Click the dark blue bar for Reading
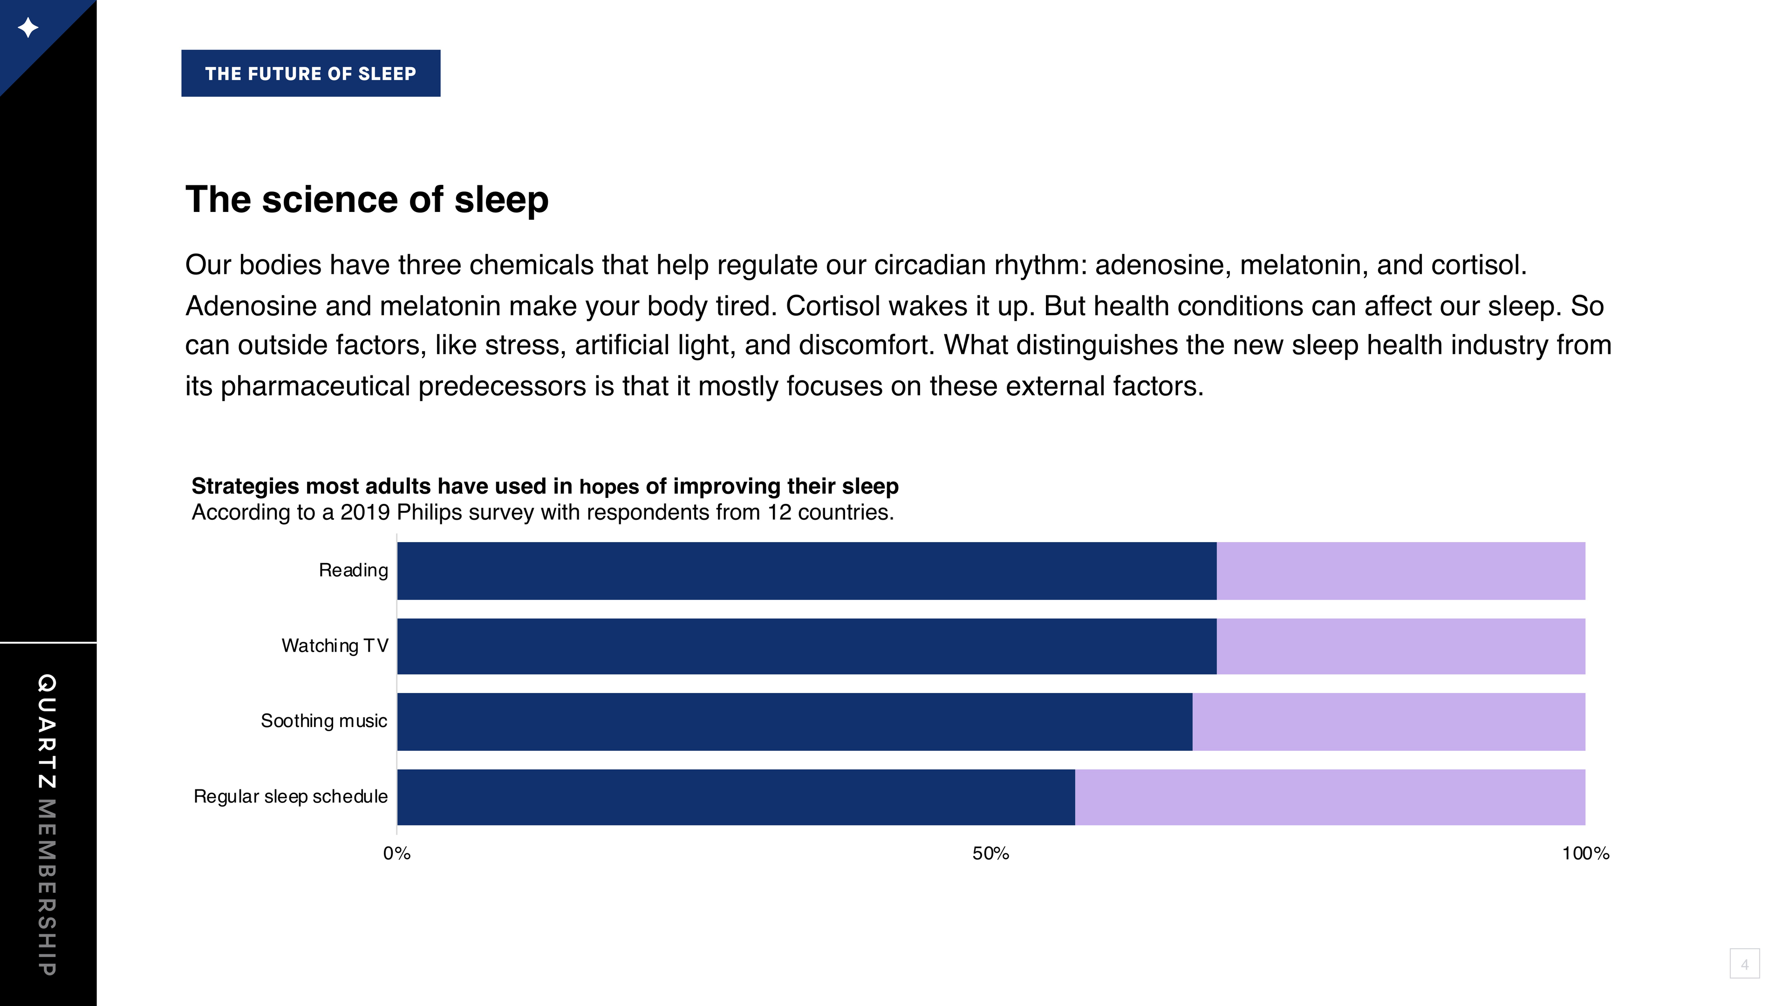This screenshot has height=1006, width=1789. [x=806, y=571]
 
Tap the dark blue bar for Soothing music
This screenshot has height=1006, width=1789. [x=794, y=721]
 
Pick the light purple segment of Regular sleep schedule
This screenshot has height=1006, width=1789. [x=1330, y=797]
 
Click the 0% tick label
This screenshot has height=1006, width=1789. [x=396, y=853]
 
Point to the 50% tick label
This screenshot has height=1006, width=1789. [x=990, y=853]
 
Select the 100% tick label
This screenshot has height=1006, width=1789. [x=1585, y=853]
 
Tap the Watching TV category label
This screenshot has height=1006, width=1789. [x=335, y=646]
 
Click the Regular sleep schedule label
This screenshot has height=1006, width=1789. [x=290, y=796]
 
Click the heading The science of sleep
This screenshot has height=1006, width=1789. [x=367, y=200]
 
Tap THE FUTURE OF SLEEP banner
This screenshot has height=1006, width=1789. [x=310, y=73]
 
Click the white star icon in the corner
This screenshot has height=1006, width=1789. [x=28, y=28]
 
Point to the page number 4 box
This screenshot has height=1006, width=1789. [x=1745, y=963]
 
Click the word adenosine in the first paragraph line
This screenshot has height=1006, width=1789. [x=1160, y=265]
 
